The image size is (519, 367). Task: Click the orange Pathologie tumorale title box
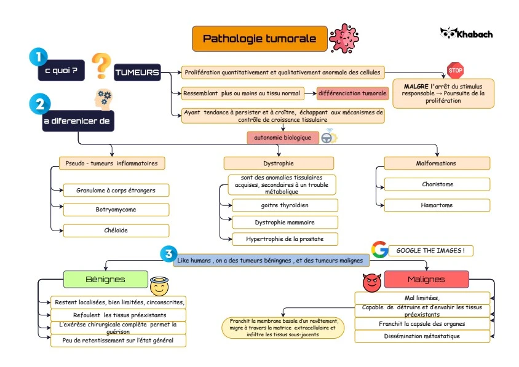[x=259, y=39]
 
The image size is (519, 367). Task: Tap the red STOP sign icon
[x=455, y=71]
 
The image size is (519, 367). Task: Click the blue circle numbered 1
[x=38, y=57]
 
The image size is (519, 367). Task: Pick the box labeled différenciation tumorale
[x=353, y=93]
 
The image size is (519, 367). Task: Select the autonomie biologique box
[x=283, y=138]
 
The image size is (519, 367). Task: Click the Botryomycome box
[x=116, y=210]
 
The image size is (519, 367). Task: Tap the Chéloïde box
[x=116, y=230]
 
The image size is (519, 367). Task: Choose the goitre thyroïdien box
[x=284, y=205]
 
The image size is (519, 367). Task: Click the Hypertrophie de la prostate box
[x=284, y=239]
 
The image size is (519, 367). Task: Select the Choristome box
[x=437, y=184]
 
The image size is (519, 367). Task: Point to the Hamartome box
[x=437, y=205]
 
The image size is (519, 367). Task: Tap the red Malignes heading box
[x=426, y=280]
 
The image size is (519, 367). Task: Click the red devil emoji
[x=372, y=283]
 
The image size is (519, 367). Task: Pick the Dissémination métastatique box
[x=422, y=336]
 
